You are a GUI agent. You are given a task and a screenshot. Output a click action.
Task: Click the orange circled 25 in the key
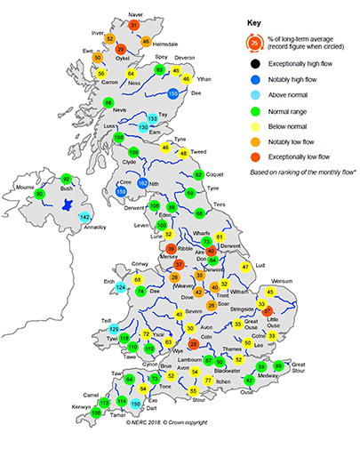click(255, 40)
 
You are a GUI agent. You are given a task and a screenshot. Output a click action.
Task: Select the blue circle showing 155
click(173, 92)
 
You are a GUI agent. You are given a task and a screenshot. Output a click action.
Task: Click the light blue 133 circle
click(153, 118)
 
